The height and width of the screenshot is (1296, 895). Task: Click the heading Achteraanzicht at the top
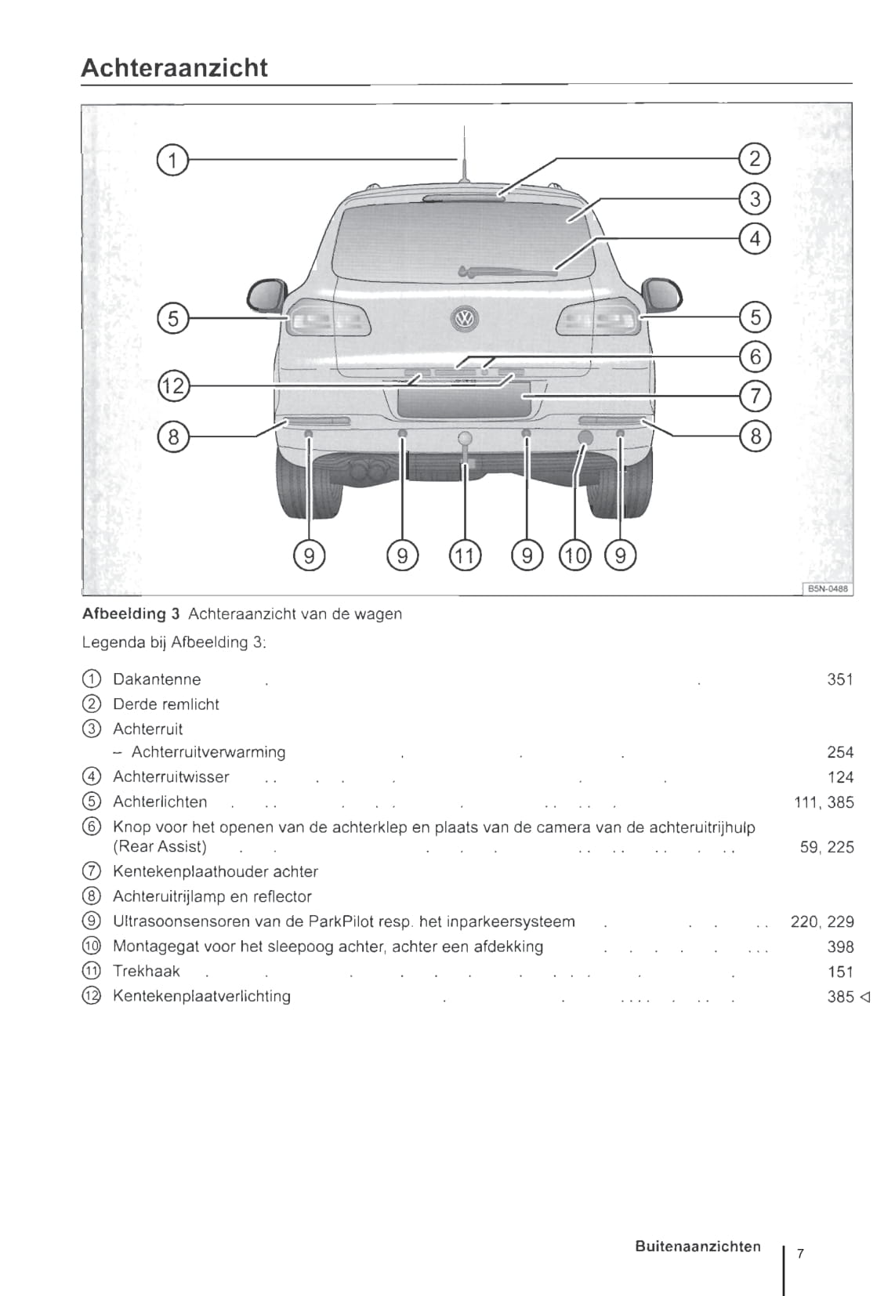[x=174, y=68]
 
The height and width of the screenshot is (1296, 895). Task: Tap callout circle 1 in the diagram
[x=172, y=160]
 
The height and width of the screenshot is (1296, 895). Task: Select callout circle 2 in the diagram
[x=755, y=159]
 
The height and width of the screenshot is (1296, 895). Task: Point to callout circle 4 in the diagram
[x=755, y=237]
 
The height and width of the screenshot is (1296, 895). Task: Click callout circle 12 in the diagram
[x=173, y=386]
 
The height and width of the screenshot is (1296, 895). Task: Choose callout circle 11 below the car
[x=465, y=556]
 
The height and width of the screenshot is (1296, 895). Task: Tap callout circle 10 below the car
[x=574, y=556]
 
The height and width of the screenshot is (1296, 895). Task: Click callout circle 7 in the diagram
[x=755, y=395]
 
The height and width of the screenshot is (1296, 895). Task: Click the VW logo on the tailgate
[x=465, y=318]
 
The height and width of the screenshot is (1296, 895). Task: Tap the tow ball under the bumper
[x=466, y=439]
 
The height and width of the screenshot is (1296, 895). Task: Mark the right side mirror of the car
[x=662, y=295]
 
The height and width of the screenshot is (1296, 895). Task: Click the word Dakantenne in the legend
[x=157, y=679]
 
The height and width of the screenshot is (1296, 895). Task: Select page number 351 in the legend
[x=839, y=679]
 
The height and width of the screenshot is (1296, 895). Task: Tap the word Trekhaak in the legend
[x=147, y=972]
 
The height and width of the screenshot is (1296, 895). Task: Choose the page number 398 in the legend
[x=839, y=947]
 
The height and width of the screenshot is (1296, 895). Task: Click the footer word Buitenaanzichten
[x=698, y=1246]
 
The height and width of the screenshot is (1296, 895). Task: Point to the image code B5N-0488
[x=828, y=588]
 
